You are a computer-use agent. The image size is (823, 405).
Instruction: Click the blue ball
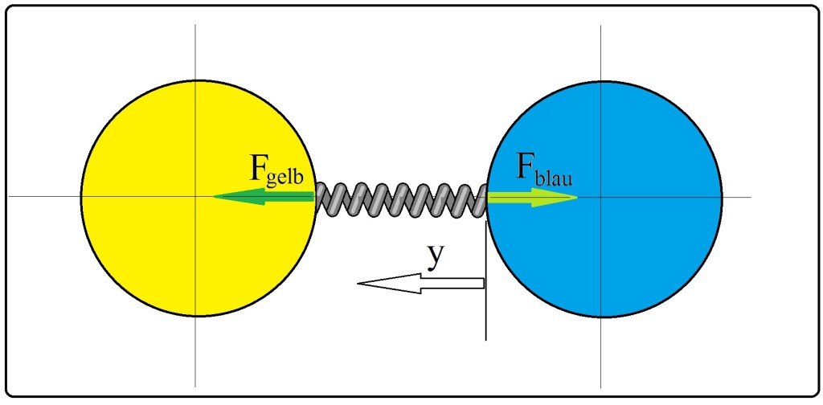coord(643,257)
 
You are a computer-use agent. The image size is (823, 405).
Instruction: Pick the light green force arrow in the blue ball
coord(530,198)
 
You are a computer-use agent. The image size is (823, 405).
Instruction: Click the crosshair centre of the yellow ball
coord(196,197)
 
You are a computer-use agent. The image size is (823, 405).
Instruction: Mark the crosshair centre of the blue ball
coord(603,198)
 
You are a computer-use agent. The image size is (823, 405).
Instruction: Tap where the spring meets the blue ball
coord(486,198)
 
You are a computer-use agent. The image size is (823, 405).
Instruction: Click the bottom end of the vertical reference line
coord(485,339)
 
